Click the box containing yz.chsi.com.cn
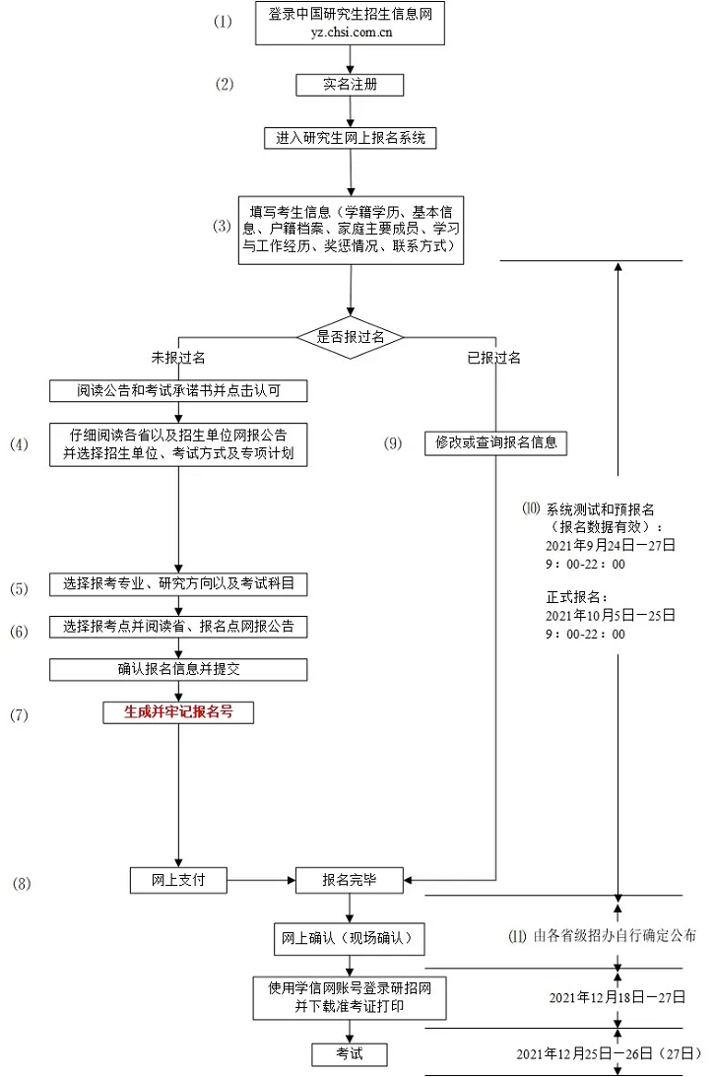pyautogui.click(x=350, y=24)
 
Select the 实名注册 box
pyautogui.click(x=350, y=85)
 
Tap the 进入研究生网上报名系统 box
pyautogui.click(x=350, y=138)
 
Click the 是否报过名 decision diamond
pyautogui.click(x=351, y=337)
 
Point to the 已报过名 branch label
pyautogui.click(x=493, y=358)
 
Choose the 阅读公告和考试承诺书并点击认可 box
pyautogui.click(x=178, y=391)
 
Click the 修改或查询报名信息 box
pyautogui.click(x=496, y=442)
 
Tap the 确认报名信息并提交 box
pyautogui.click(x=178, y=670)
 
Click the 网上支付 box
pyautogui.click(x=178, y=879)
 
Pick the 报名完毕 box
pyautogui.click(x=350, y=879)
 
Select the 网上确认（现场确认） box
pyautogui.click(x=349, y=939)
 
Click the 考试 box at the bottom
pyautogui.click(x=350, y=1053)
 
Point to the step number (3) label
pyautogui.click(x=223, y=226)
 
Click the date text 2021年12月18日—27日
pyautogui.click(x=617, y=997)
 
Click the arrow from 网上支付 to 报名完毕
pyautogui.click(x=262, y=879)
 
